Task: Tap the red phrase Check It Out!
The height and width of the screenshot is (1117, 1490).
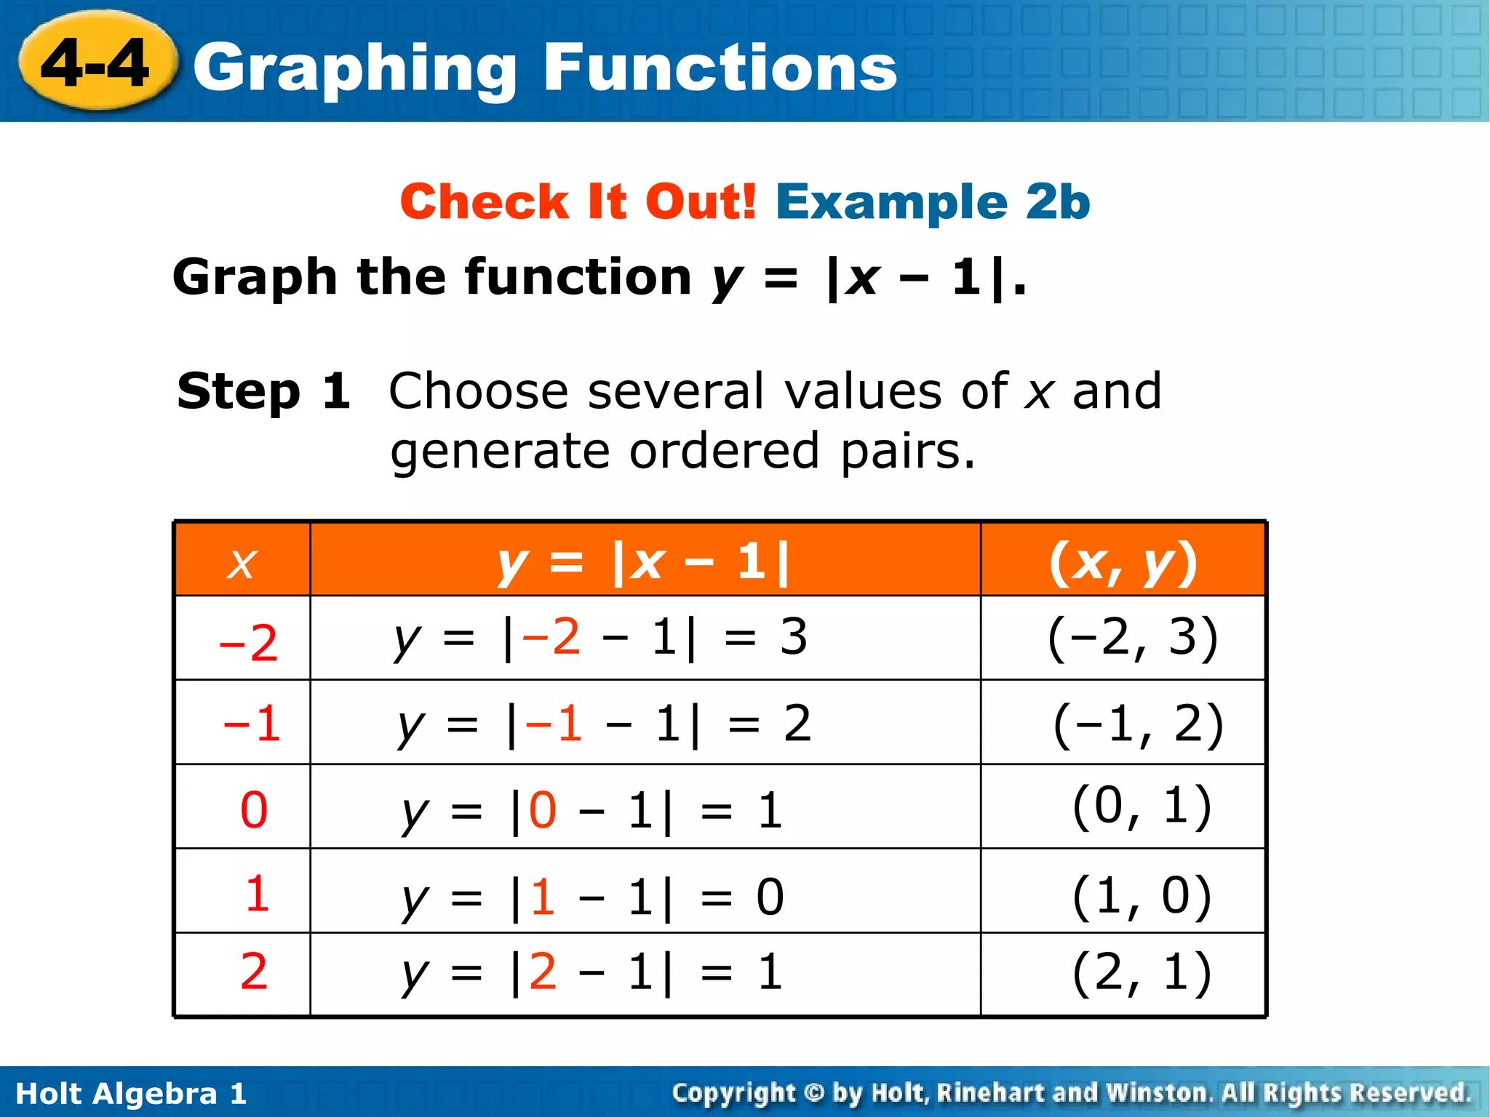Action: [x=578, y=201]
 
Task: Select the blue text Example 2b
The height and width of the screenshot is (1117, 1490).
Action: [x=933, y=201]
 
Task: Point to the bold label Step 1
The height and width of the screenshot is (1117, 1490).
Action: [x=263, y=391]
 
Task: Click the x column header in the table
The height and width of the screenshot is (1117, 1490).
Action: [x=242, y=562]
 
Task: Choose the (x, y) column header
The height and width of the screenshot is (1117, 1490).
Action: [x=1123, y=562]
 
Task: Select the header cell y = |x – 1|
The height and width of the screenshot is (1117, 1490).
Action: [x=644, y=562]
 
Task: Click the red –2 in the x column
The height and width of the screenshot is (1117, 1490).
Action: [x=248, y=643]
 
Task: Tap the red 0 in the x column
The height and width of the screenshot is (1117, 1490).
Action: [x=254, y=809]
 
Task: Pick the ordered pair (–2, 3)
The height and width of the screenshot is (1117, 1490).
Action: [x=1132, y=638]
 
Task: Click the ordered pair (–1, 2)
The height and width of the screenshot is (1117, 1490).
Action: [x=1138, y=724]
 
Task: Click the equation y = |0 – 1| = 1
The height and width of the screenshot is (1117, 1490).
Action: [x=592, y=811]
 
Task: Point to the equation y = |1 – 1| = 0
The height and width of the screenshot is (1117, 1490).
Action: [x=592, y=897]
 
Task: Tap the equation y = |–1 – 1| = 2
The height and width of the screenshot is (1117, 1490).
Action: [x=604, y=724]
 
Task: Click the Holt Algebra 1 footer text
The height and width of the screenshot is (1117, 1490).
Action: [x=131, y=1093]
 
